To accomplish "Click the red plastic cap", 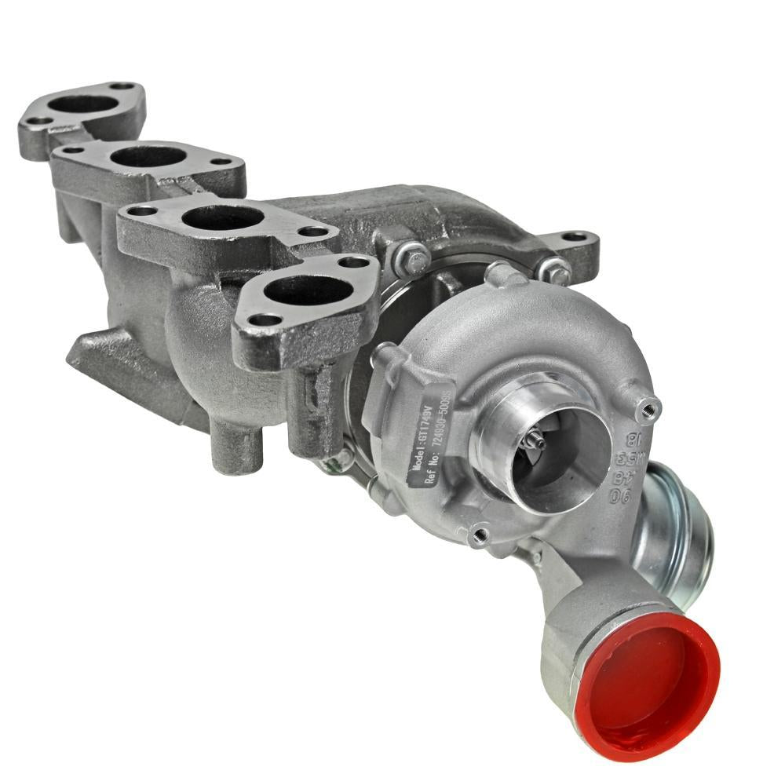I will point(648,676).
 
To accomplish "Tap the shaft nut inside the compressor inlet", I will point(536,440).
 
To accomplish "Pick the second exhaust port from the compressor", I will point(223,217).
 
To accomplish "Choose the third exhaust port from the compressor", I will point(148,155).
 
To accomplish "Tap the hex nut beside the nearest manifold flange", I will point(413,257).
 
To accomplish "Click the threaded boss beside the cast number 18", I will point(648,407).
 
